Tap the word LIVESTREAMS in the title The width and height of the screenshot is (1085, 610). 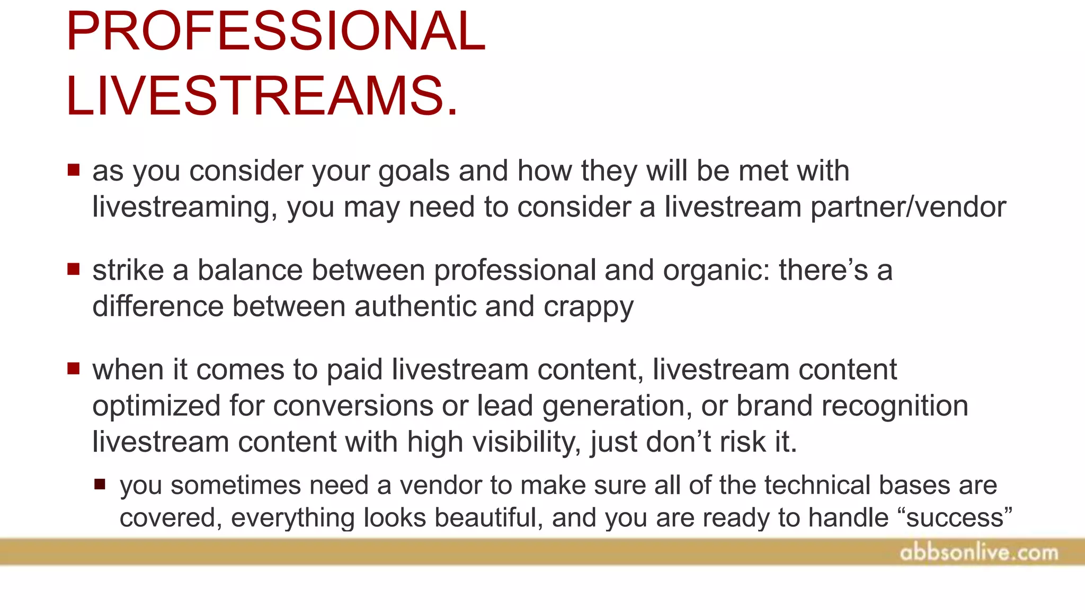[262, 96]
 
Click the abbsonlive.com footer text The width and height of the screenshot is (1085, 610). [979, 553]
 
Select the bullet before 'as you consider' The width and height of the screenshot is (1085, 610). [74, 170]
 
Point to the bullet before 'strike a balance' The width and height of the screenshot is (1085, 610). [74, 270]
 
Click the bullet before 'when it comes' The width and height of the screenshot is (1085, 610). [74, 369]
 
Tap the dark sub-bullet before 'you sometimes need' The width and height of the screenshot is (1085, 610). [100, 484]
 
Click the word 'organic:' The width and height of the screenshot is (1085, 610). [716, 271]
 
